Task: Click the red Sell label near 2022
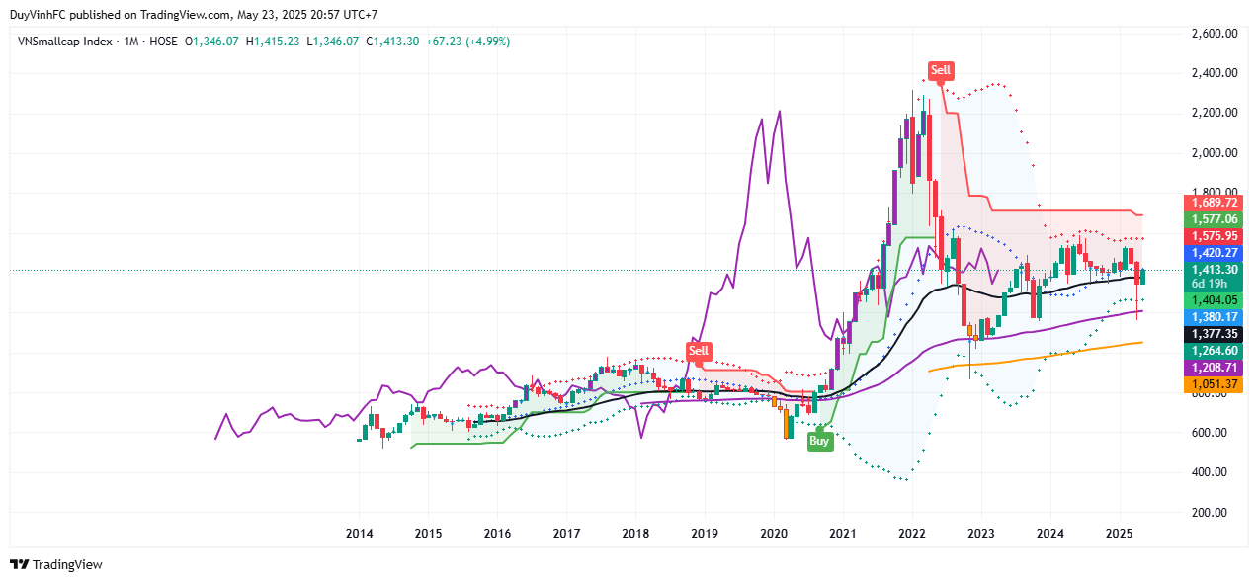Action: (x=941, y=70)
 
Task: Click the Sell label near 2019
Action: (x=699, y=351)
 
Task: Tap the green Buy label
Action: (x=818, y=441)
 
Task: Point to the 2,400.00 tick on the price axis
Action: (x=1211, y=73)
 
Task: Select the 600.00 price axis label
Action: (x=1211, y=433)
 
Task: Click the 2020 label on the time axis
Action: (x=774, y=535)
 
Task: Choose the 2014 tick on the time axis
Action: (x=359, y=535)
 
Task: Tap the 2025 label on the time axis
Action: (x=1120, y=535)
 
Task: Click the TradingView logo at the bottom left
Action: (x=56, y=565)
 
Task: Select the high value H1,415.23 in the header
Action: (x=272, y=42)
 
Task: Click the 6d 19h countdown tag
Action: (x=1211, y=284)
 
